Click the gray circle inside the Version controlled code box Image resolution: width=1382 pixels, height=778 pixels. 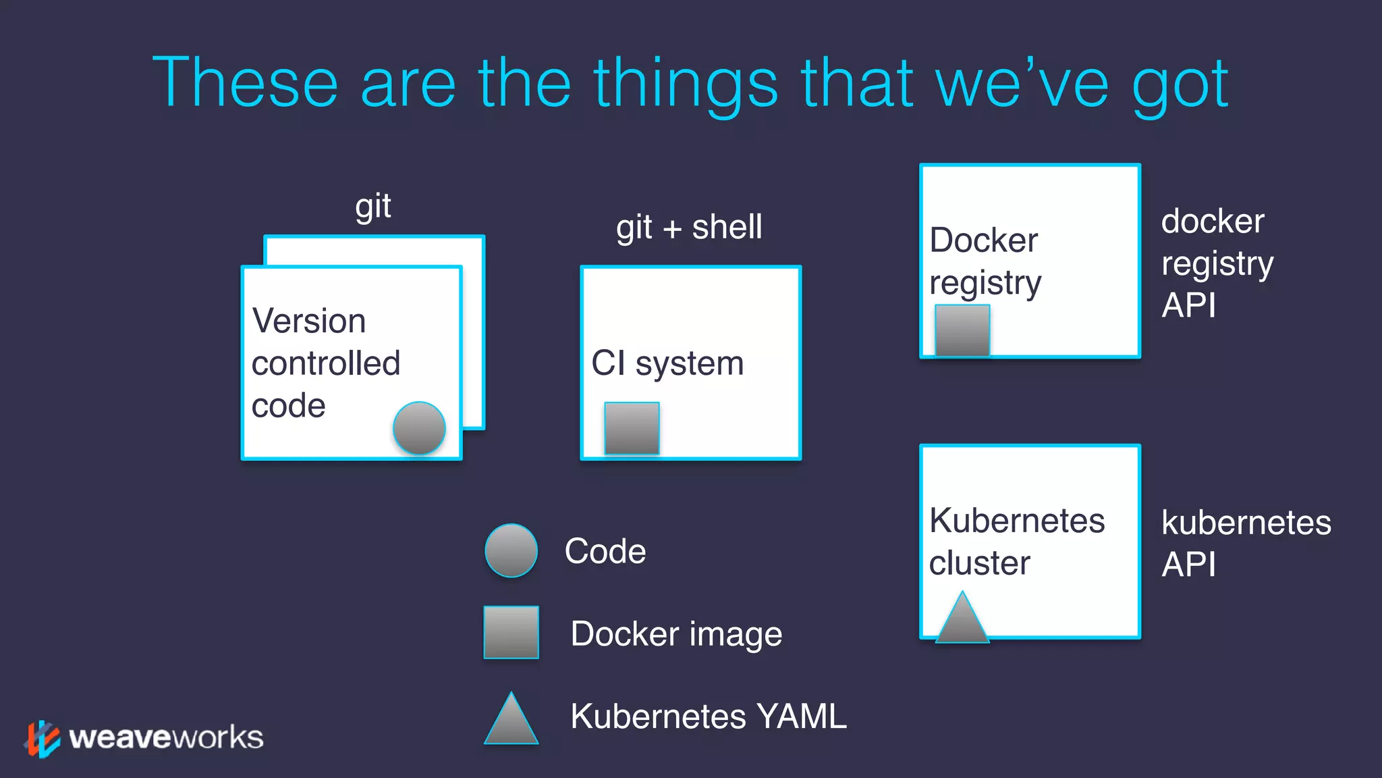(x=419, y=428)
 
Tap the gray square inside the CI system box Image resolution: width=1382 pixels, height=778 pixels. (x=632, y=428)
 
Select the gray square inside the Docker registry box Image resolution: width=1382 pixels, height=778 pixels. (x=962, y=330)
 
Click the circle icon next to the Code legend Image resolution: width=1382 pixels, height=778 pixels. (x=512, y=550)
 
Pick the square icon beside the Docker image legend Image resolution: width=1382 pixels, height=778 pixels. (x=512, y=632)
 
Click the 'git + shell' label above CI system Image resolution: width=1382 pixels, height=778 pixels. (x=689, y=227)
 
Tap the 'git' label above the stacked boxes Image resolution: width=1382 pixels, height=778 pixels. (x=373, y=207)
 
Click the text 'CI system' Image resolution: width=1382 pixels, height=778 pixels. (x=667, y=363)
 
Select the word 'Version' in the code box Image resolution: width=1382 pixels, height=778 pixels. (x=309, y=321)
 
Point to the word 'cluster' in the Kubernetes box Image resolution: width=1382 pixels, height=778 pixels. (x=979, y=563)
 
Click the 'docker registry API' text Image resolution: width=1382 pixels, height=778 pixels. (x=1217, y=263)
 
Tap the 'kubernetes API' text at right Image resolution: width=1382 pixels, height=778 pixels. (x=1246, y=543)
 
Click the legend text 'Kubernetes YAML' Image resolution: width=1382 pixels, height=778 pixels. (x=708, y=716)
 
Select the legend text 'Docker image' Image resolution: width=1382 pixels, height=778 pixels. (x=676, y=633)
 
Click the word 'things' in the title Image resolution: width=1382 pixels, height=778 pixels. (x=686, y=84)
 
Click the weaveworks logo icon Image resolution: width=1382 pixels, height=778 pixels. (x=43, y=739)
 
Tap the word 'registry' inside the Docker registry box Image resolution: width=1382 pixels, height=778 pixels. (x=985, y=283)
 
